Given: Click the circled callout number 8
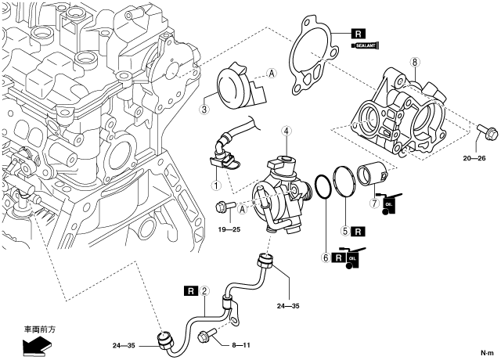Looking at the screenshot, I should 415,61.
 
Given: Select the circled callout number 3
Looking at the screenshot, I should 204,110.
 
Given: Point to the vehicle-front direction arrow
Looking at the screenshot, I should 34,343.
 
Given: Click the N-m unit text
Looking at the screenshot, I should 487,351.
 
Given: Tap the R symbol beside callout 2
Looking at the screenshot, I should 190,291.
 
